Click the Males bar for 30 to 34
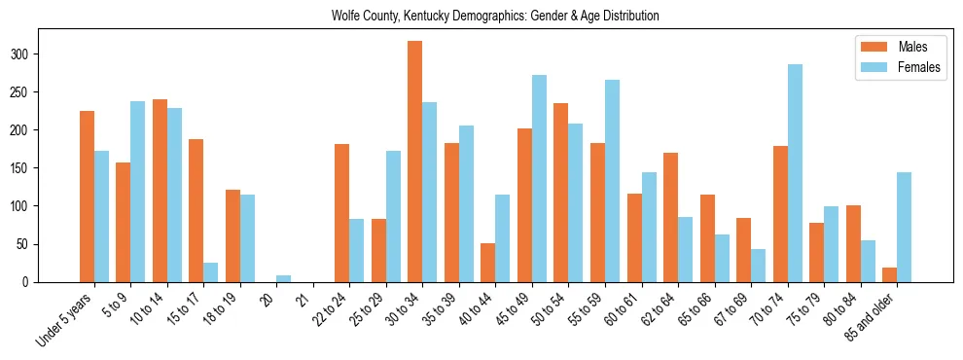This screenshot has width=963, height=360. tap(415, 162)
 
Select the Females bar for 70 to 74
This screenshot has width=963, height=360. tap(795, 173)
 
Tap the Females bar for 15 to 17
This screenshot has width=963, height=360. tap(211, 272)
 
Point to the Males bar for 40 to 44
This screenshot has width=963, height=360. tap(488, 263)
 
